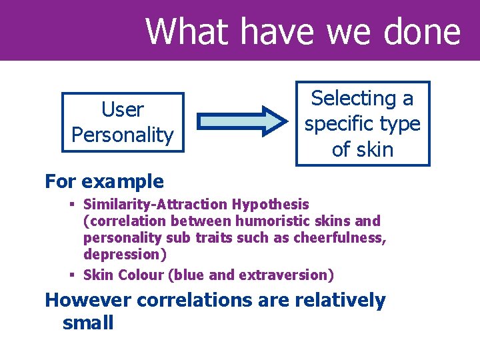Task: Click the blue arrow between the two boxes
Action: click(241, 121)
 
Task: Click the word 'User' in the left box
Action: click(122, 109)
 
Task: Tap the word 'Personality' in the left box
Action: click(122, 135)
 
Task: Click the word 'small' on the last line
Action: click(88, 323)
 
